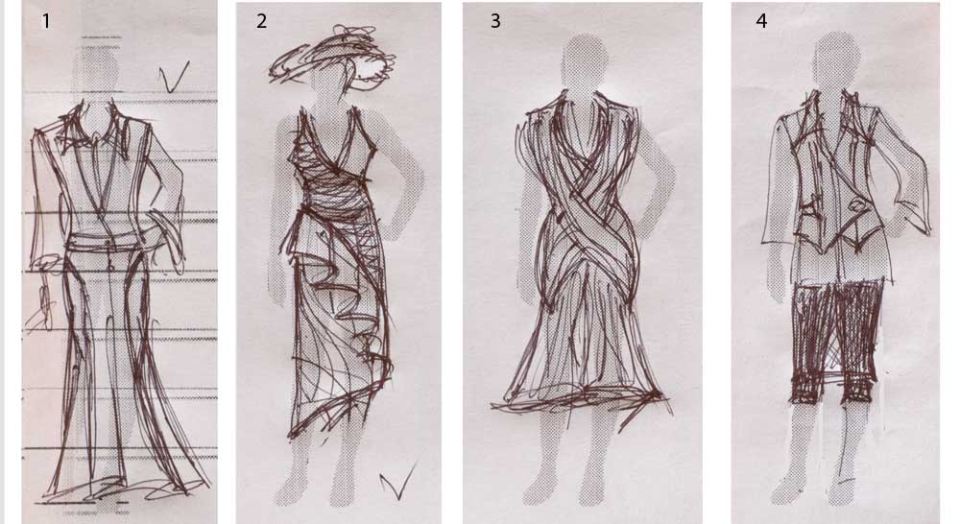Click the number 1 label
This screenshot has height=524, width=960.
coord(45,21)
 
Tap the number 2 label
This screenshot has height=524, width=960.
coord(261,21)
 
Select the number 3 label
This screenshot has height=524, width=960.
coord(495,21)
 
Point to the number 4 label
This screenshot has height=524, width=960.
coord(761,21)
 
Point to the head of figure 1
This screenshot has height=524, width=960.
coord(95,66)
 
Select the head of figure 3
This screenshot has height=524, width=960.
coord(585,59)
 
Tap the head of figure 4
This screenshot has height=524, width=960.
coord(836,55)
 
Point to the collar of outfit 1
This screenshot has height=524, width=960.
coord(98,131)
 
